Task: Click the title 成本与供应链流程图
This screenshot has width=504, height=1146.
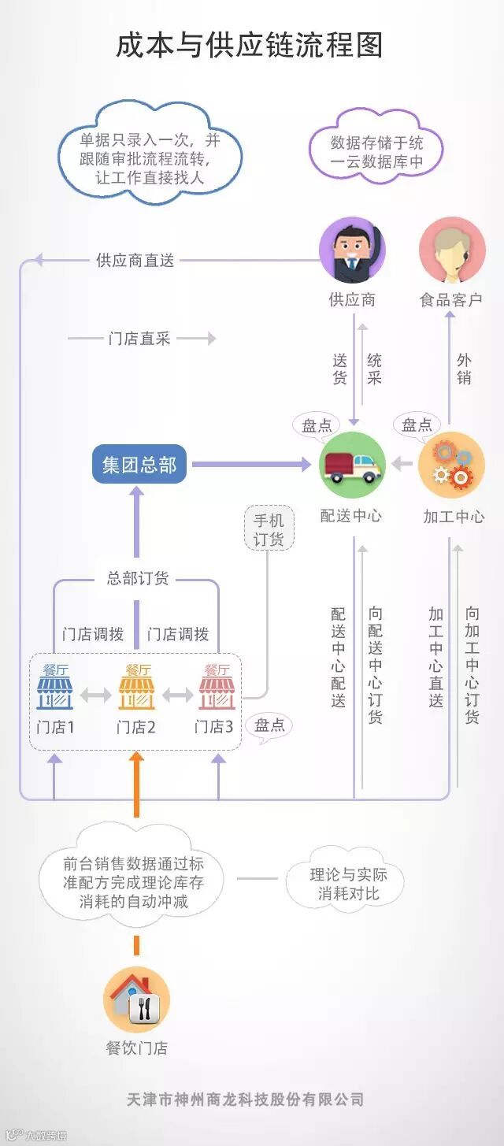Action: click(250, 45)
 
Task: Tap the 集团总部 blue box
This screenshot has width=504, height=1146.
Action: click(139, 465)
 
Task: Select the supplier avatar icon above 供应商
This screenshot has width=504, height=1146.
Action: click(352, 250)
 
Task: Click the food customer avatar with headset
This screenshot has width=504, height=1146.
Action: click(452, 250)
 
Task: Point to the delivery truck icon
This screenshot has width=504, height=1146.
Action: click(353, 465)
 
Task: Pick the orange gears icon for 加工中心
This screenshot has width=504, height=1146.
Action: click(451, 465)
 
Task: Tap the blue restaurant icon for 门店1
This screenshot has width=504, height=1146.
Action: click(55, 687)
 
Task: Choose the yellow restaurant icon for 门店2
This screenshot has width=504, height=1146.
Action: click(137, 687)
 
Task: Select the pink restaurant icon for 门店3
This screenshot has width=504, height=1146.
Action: click(217, 687)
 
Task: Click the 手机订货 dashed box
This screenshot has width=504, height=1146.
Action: click(269, 529)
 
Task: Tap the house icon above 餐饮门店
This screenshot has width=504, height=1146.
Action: click(136, 998)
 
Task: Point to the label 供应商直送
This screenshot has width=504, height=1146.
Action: click(135, 260)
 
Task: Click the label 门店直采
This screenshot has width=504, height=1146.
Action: click(139, 339)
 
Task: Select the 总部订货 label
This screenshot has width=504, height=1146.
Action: click(138, 578)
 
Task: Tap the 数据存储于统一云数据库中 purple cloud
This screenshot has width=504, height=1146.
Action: click(376, 152)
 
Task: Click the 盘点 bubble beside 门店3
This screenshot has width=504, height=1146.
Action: click(269, 725)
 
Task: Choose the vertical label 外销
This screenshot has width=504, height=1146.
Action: click(464, 369)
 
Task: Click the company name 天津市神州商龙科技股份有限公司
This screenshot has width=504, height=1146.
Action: click(245, 1099)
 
